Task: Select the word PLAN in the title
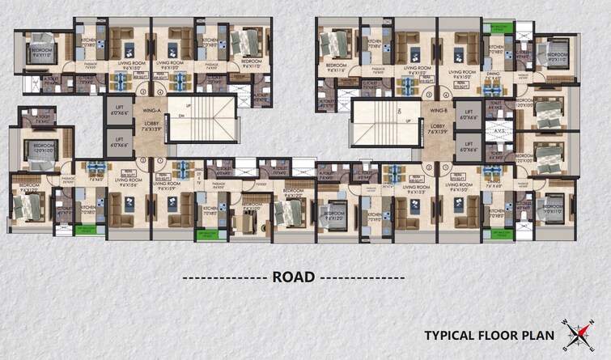(x=534, y=334)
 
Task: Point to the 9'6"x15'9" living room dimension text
(x=172, y=188)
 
